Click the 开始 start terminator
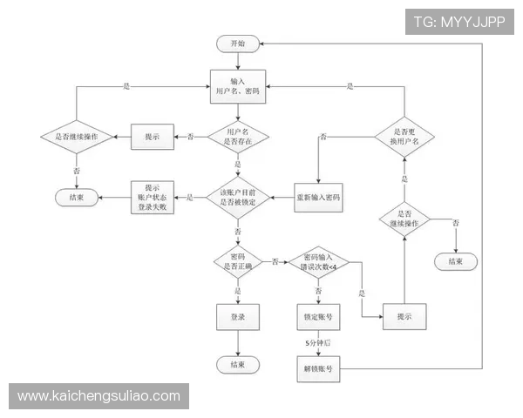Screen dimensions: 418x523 [238, 44]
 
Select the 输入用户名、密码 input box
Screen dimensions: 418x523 [238, 85]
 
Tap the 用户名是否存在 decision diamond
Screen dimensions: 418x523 [238, 136]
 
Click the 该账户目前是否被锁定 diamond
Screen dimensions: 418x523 [238, 197]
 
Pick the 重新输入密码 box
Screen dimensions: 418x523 [319, 198]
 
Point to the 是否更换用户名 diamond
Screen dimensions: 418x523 [403, 137]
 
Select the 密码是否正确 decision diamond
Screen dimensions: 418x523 [238, 260]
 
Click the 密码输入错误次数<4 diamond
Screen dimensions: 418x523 [318, 260]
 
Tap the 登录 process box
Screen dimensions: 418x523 [238, 317]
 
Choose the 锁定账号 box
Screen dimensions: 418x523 [318, 317]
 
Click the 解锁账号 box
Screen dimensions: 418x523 [318, 369]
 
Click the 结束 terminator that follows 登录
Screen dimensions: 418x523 [238, 364]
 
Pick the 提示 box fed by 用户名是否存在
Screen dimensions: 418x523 [153, 136]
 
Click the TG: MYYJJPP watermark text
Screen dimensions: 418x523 [459, 21]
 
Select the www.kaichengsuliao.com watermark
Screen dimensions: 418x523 [100, 396]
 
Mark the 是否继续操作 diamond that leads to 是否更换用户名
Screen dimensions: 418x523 [403, 219]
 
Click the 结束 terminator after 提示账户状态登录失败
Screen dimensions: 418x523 [76, 198]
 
